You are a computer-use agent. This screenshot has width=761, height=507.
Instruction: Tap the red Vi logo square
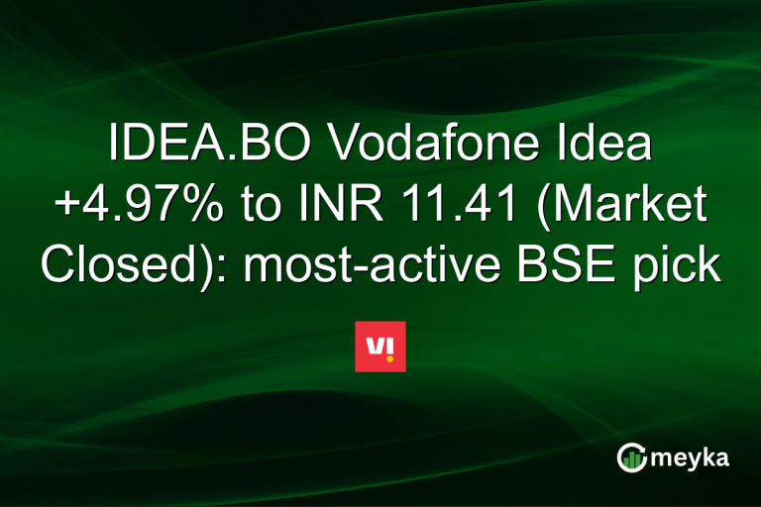click(x=380, y=347)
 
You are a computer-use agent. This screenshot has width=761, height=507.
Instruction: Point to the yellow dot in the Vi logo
click(x=389, y=357)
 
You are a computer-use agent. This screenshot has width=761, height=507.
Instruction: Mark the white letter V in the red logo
click(x=375, y=346)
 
